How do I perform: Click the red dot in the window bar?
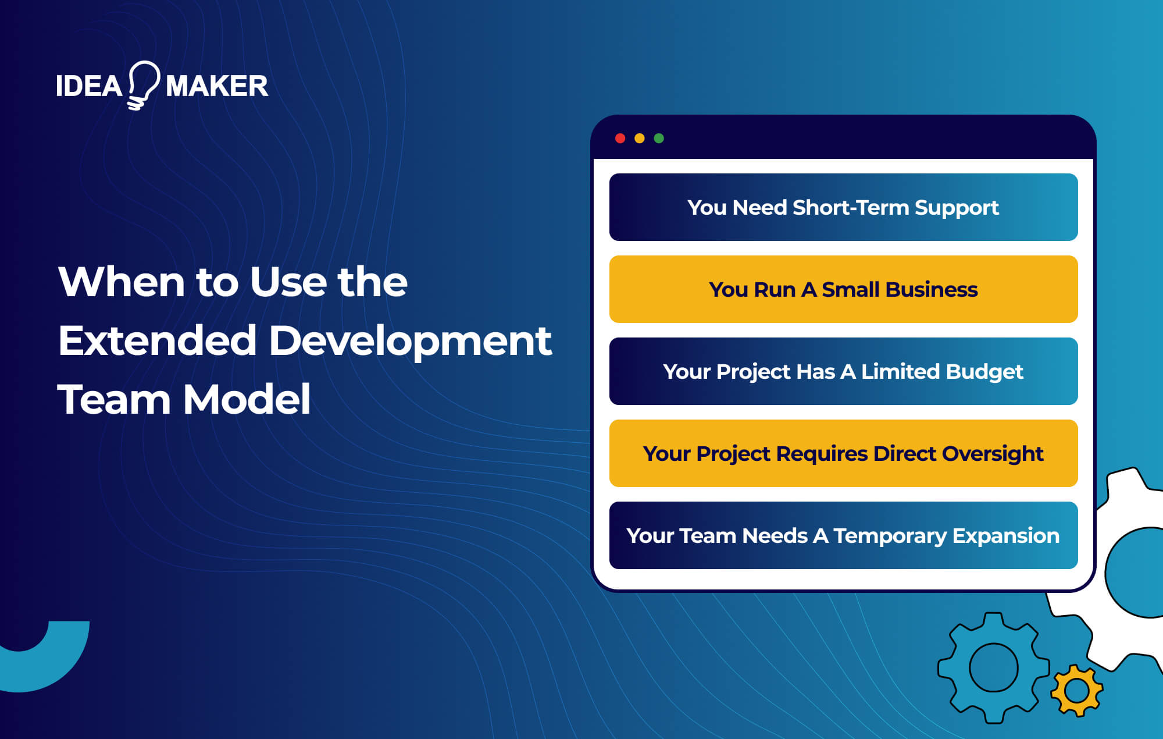[620, 138]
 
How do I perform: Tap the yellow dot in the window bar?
[639, 138]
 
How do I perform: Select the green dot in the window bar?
[659, 138]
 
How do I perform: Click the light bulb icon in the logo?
[143, 85]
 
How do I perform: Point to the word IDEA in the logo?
[88, 86]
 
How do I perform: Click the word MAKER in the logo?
[216, 86]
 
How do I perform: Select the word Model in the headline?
[247, 400]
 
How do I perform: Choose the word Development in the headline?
[410, 342]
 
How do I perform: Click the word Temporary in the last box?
[890, 536]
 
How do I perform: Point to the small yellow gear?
[1076, 690]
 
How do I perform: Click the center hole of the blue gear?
[993, 667]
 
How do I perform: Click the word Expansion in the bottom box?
[1005, 536]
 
